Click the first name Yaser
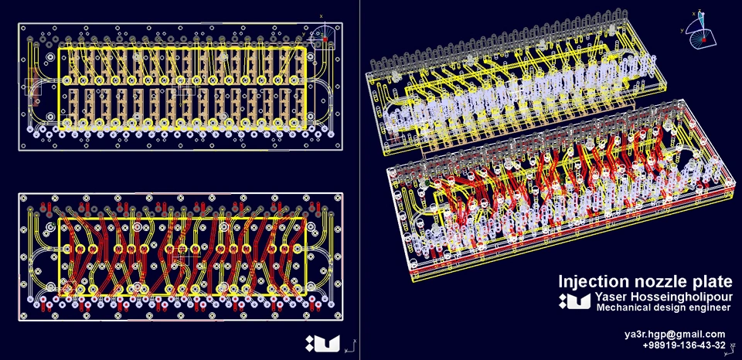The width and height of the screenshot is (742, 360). (608, 297)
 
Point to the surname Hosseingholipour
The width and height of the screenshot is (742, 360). (678, 298)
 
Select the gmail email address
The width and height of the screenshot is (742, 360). (675, 335)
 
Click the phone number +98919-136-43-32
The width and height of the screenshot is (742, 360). (684, 345)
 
